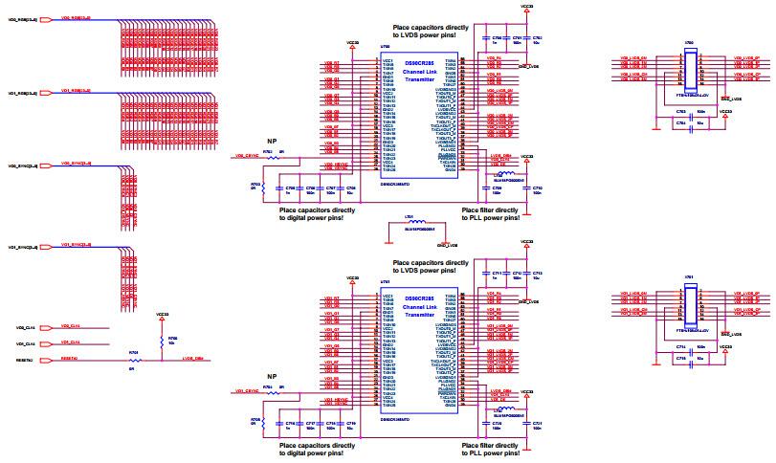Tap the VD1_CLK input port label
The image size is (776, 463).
[x=25, y=343]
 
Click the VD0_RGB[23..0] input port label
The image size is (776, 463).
[x=21, y=18]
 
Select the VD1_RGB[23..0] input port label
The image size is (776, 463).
[x=21, y=94]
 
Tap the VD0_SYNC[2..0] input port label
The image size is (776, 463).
[x=23, y=166]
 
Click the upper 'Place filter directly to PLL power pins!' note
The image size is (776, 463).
[x=490, y=213]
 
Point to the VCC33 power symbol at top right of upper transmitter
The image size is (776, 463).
[x=527, y=7]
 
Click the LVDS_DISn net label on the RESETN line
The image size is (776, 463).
[x=191, y=360]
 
